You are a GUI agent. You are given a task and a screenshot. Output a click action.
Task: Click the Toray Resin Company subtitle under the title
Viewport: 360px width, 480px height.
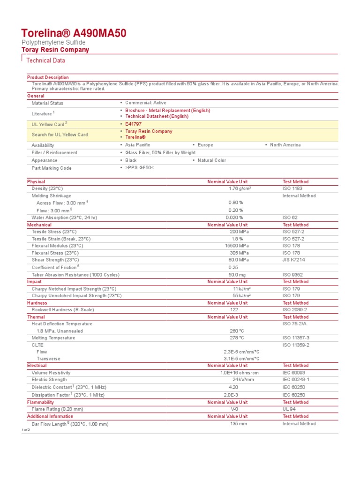coord(55,50)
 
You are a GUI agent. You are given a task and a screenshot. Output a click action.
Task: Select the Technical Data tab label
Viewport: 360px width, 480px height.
coord(46,60)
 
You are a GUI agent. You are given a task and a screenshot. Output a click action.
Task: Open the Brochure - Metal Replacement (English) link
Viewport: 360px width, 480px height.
coord(167,111)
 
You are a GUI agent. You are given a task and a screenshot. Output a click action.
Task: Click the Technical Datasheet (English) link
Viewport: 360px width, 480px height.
coord(157,116)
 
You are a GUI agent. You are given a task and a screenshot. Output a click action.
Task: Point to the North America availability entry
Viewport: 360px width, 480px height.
coord(285,145)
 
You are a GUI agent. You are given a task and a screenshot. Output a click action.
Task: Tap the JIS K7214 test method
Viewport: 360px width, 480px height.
coord(294,260)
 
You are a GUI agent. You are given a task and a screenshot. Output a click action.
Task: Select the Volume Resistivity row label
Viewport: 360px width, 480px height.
coord(52,373)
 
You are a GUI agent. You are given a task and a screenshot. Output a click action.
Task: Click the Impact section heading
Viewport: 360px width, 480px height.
coord(34,282)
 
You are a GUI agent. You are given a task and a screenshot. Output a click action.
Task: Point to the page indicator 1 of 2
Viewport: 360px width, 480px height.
coord(25,430)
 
